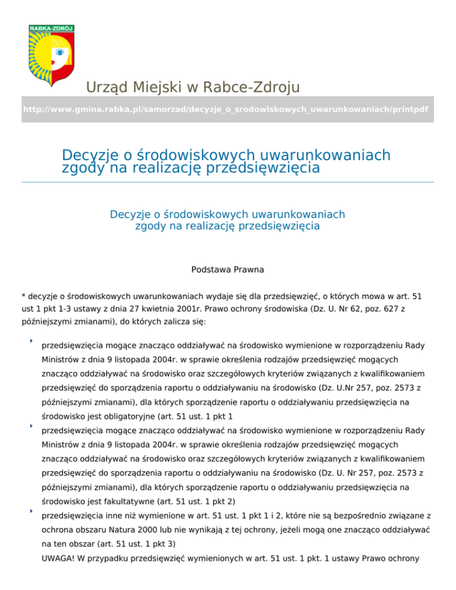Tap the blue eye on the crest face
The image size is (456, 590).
(x=59, y=52)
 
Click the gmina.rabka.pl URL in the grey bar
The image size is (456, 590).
(x=225, y=110)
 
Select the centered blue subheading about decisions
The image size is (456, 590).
(x=227, y=220)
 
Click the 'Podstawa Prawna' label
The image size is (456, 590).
(x=227, y=269)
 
